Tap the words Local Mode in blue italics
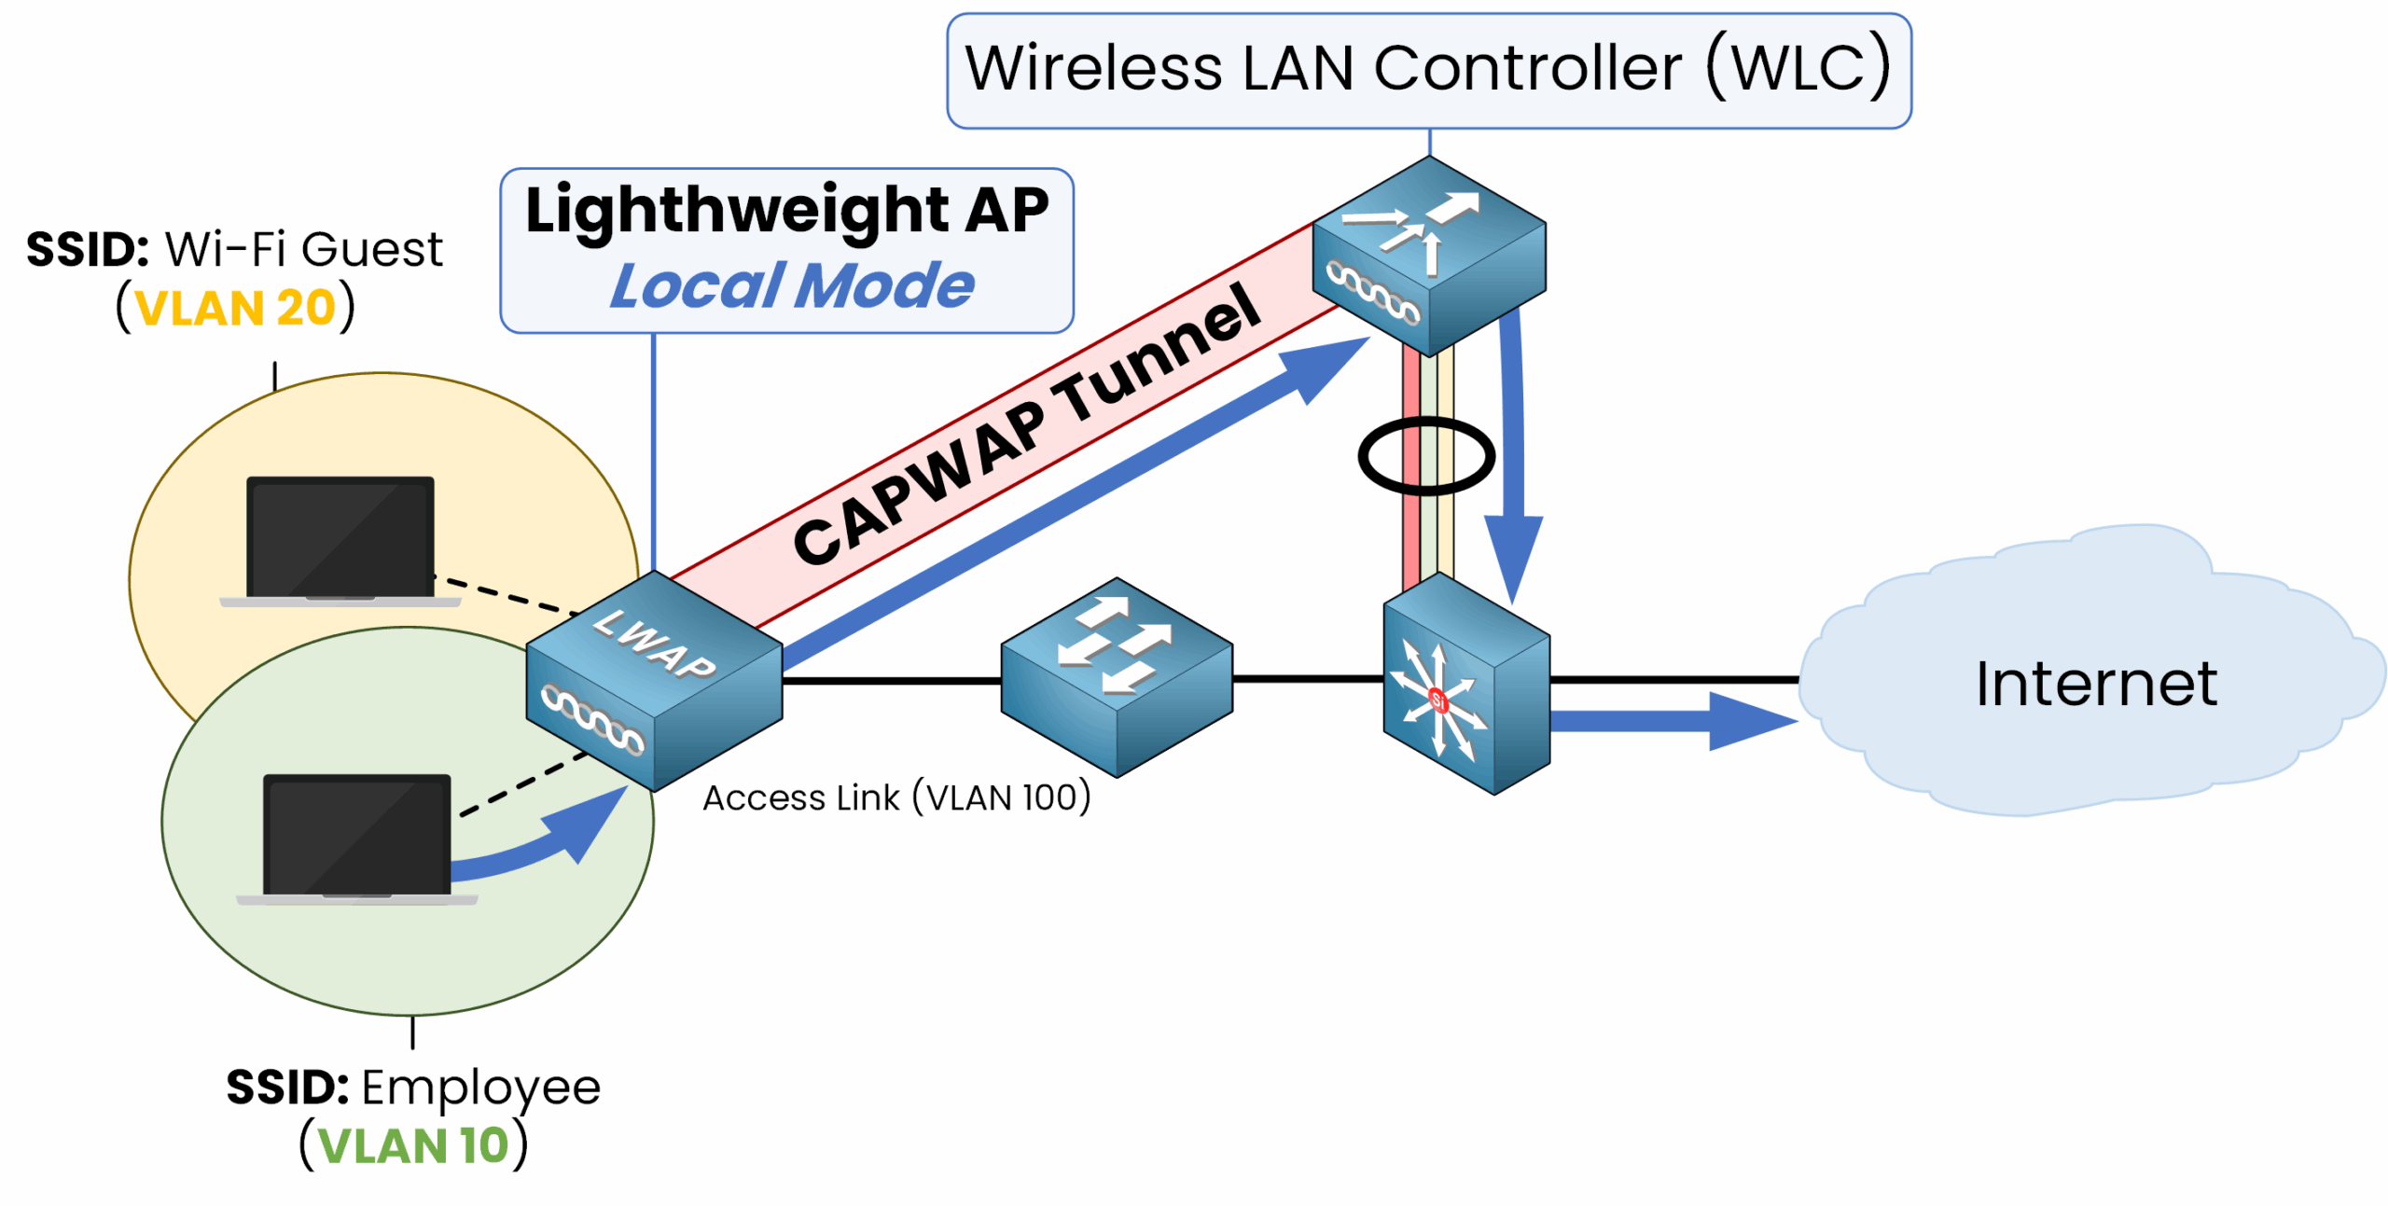point(791,285)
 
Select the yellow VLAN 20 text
point(235,308)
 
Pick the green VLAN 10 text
point(413,1145)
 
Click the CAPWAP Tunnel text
point(1026,424)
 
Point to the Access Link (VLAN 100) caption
point(895,798)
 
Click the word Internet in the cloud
point(2095,684)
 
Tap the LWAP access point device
point(653,681)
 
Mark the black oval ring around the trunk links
point(1425,456)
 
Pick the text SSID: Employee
point(413,1088)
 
